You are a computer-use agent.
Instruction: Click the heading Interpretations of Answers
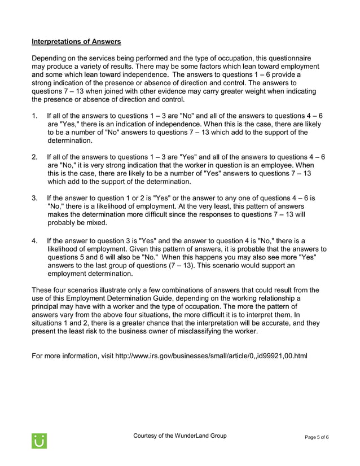point(76,42)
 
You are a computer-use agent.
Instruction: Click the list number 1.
point(35,116)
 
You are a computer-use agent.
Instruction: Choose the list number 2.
point(35,157)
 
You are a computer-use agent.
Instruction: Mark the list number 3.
point(35,199)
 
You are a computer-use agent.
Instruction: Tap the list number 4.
point(35,240)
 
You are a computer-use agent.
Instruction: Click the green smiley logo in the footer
point(39,441)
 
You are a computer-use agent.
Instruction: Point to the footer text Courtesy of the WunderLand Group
point(179,436)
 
